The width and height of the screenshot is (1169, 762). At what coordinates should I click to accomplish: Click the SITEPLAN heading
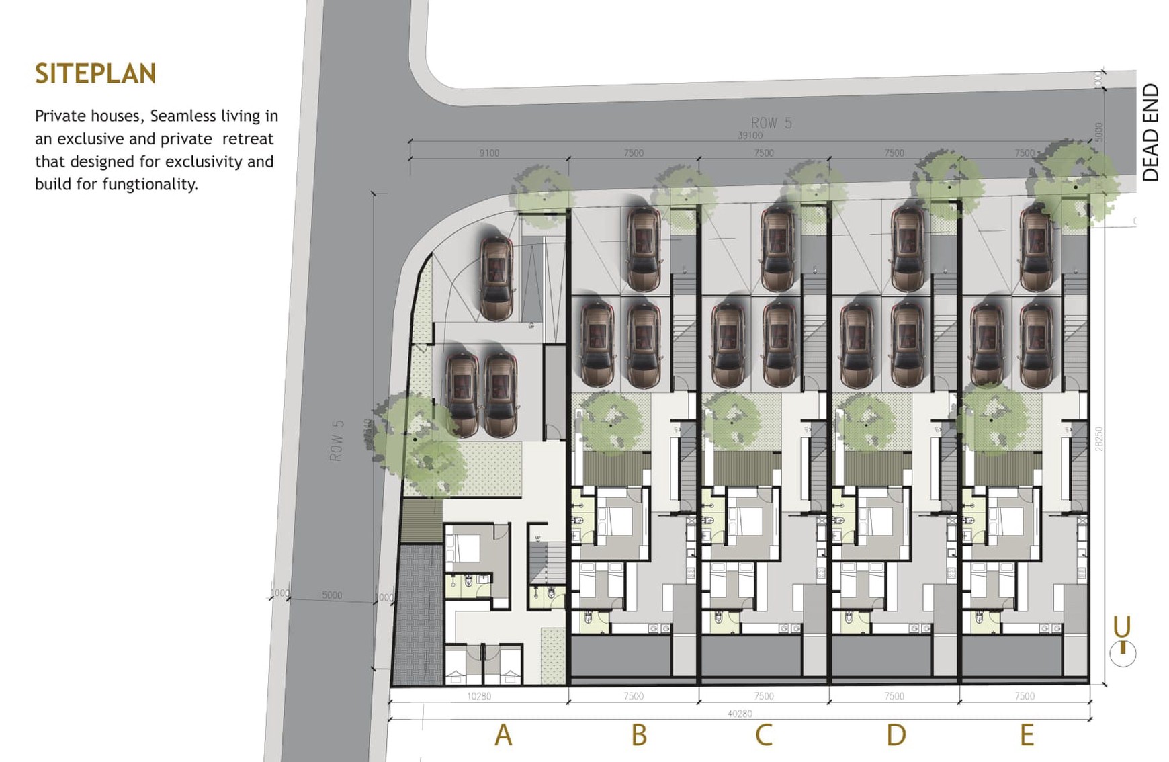95,74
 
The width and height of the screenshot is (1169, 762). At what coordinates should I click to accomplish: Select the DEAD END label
1150,132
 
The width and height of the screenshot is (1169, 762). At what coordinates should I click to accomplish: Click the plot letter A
503,735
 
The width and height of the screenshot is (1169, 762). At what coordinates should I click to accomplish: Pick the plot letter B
639,735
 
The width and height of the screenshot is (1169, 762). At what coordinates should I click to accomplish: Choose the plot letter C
763,735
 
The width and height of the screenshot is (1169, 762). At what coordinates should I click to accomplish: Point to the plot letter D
896,735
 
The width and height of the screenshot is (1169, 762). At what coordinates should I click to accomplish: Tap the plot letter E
1027,735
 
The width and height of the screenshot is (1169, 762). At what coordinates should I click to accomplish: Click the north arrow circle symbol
1123,653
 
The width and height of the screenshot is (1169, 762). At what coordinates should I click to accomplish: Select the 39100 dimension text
750,136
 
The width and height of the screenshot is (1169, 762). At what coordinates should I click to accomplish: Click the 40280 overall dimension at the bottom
739,714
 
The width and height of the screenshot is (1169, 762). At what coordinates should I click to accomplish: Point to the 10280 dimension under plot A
478,696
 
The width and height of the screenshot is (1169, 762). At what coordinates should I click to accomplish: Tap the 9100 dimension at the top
489,153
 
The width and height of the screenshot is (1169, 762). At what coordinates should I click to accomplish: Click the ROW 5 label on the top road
771,123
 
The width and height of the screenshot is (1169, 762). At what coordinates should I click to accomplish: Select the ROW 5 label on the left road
337,441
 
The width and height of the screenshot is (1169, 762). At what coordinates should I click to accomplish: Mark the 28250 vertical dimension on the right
1099,438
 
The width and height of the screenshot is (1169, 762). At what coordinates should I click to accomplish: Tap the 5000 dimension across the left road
332,595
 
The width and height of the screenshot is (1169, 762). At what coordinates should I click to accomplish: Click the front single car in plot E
1035,248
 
